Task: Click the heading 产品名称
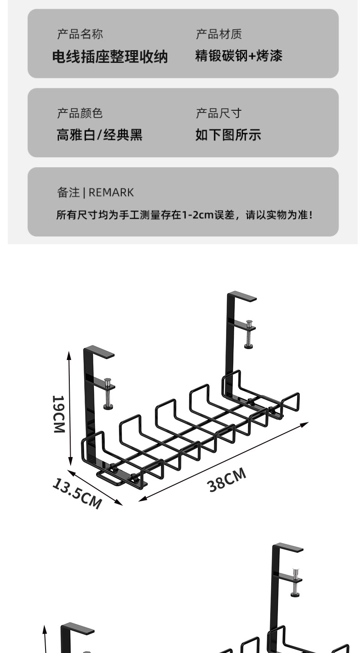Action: (80, 34)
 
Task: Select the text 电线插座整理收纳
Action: (110, 57)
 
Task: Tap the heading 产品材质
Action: (219, 34)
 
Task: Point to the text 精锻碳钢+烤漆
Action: (239, 56)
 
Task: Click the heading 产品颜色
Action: (80, 113)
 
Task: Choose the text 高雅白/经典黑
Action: (99, 135)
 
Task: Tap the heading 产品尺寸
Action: (219, 113)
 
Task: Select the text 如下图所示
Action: (228, 135)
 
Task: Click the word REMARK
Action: (111, 193)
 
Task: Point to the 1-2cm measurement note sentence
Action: (185, 215)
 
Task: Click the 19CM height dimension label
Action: (58, 414)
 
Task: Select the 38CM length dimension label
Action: (227, 480)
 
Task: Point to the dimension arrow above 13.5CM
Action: (95, 487)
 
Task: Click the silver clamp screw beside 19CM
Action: (108, 393)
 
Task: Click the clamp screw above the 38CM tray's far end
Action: (249, 334)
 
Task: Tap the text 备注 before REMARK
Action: (68, 193)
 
